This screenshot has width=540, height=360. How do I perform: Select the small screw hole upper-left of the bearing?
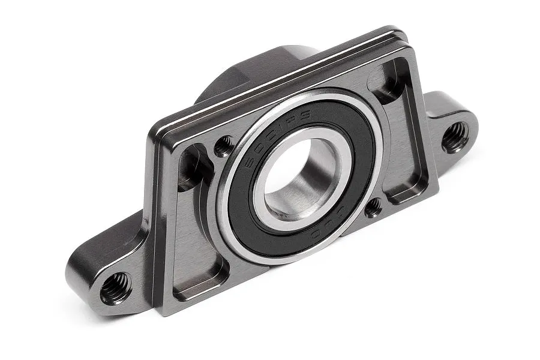224,145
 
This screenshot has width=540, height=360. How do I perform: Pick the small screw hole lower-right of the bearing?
373,207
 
